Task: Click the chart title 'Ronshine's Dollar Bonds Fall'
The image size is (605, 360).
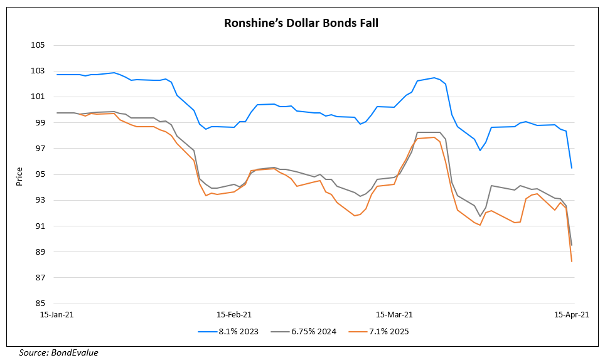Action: click(301, 24)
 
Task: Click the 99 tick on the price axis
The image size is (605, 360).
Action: click(40, 122)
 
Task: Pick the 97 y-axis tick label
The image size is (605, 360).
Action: click(40, 149)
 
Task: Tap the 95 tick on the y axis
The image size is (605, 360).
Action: click(40, 174)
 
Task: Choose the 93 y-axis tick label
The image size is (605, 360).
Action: click(40, 200)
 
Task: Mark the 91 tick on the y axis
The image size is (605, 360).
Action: click(40, 226)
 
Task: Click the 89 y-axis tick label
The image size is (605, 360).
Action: click(40, 251)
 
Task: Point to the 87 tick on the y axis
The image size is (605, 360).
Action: click(40, 277)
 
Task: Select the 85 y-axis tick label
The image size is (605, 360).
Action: click(40, 304)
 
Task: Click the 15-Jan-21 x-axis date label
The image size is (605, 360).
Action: click(56, 314)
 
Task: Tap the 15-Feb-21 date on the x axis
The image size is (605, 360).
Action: click(233, 314)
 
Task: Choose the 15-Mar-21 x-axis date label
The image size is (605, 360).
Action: click(394, 314)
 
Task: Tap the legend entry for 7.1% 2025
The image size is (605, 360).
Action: click(389, 331)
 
